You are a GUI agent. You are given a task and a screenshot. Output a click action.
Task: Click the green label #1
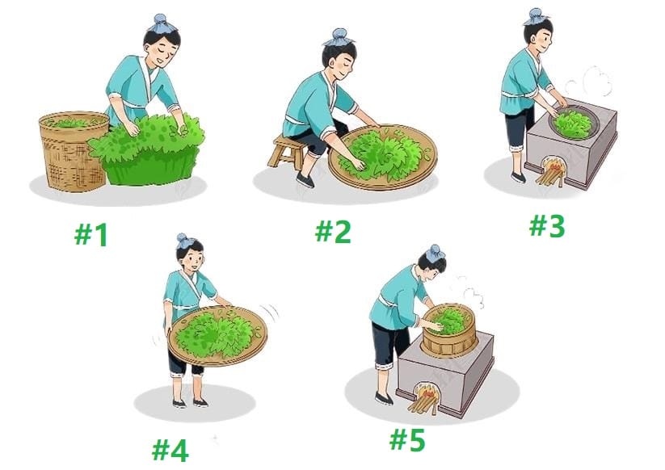click(91, 235)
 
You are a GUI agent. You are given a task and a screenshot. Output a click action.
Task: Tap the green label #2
click(333, 232)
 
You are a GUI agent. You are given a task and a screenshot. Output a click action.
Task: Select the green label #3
click(547, 225)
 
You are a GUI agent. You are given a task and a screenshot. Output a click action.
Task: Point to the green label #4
click(170, 450)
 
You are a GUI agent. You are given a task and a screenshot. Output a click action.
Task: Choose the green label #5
click(407, 439)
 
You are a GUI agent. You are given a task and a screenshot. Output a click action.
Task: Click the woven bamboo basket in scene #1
click(73, 150)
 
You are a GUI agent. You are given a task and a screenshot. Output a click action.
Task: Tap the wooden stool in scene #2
click(287, 151)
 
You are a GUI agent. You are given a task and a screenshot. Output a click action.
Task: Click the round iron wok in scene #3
click(575, 124)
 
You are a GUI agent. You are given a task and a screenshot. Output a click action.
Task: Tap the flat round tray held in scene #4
click(217, 336)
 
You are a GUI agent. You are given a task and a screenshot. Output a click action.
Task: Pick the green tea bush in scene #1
click(148, 149)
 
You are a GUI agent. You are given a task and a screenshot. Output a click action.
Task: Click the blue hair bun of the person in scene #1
click(160, 23)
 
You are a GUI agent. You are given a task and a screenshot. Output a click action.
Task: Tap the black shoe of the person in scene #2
click(305, 180)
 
